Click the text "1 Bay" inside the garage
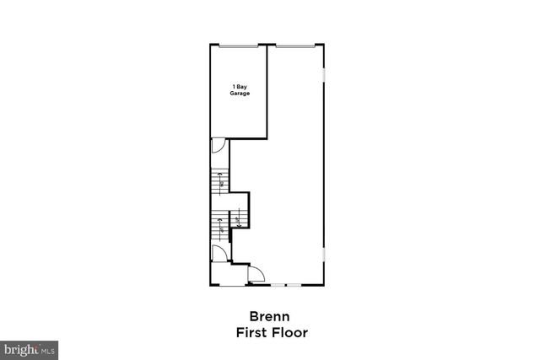240,87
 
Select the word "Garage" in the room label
240,94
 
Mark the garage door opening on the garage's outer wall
240,46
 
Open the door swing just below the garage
218,146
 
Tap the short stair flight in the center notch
240,222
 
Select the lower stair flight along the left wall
220,225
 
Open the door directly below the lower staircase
218,253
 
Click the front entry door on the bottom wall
256,273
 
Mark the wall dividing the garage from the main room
268,91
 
